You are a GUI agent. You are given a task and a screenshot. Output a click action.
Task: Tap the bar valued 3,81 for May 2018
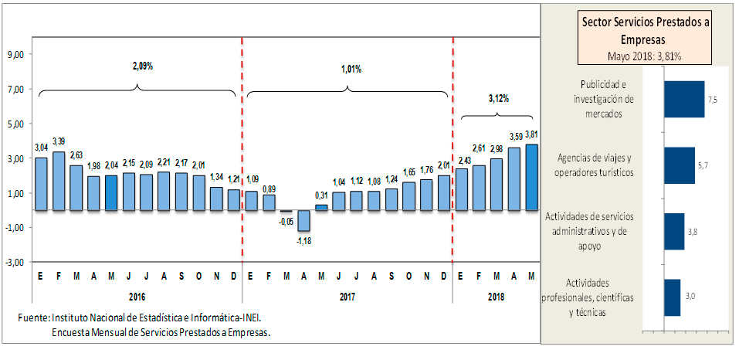[531, 177]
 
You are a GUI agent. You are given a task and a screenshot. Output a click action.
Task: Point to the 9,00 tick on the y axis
[17, 54]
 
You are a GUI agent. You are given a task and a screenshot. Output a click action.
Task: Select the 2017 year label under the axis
[347, 296]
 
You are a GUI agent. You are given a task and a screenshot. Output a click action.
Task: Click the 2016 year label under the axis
[137, 296]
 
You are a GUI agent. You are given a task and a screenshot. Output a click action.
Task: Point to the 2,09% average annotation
[142, 66]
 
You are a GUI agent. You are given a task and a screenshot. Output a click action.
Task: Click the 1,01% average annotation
[351, 69]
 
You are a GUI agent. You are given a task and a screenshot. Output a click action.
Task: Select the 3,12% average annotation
[498, 98]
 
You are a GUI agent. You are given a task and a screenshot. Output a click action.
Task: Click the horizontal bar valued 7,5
[684, 99]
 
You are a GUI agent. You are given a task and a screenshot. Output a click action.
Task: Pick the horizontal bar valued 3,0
[673, 297]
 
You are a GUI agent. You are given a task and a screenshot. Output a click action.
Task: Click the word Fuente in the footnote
[33, 318]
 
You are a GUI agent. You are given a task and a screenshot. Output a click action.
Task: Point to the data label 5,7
[702, 165]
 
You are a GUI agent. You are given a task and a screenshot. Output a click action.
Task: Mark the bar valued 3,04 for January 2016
[42, 184]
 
